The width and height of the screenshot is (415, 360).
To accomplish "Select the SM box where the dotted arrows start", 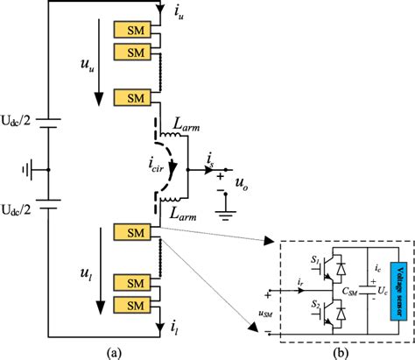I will coord(129,233).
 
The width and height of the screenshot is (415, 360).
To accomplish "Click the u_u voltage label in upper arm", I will coord(85,66).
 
